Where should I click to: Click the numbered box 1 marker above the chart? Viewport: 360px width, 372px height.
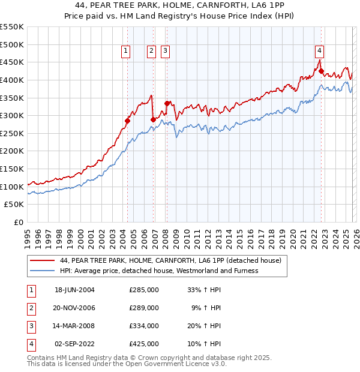coord(126,52)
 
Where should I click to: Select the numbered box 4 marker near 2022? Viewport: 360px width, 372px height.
coord(320,52)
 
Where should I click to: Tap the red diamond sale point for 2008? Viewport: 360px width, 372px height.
coord(167,103)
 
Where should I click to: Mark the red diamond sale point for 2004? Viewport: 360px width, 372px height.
coord(127,121)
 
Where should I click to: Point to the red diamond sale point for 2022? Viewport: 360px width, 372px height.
coord(321,71)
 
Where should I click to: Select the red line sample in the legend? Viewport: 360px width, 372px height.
coord(43,260)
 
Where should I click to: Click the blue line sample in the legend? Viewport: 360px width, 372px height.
coord(43,271)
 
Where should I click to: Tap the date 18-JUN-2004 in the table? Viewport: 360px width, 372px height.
coord(74,290)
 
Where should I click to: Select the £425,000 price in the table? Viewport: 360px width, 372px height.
coord(144,344)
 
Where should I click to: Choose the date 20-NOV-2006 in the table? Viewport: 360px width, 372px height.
coord(74,308)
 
